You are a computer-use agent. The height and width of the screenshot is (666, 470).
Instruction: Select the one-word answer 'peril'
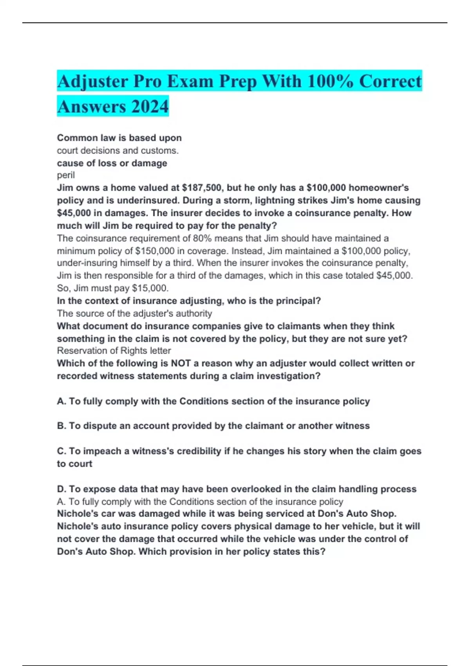(66, 175)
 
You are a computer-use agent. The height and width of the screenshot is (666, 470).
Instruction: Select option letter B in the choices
(61, 426)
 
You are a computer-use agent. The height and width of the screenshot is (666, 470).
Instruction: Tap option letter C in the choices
(61, 451)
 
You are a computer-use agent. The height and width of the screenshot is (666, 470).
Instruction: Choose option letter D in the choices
(61, 489)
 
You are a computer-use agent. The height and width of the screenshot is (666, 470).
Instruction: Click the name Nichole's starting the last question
(75, 514)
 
